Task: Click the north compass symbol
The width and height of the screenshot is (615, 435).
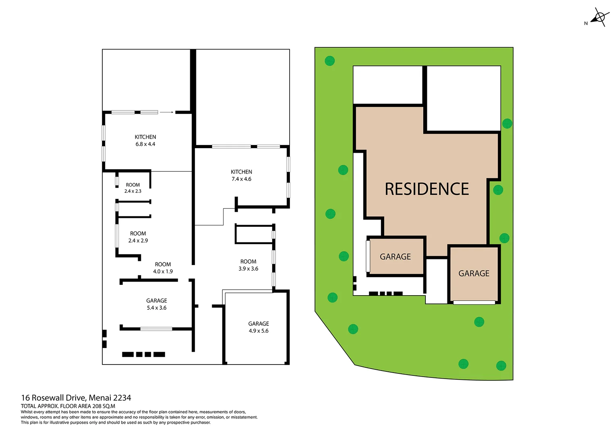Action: pyautogui.click(x=599, y=18)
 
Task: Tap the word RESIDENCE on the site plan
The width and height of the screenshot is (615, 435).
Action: pyautogui.click(x=427, y=189)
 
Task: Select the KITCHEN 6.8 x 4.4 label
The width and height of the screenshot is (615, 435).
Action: pyautogui.click(x=145, y=141)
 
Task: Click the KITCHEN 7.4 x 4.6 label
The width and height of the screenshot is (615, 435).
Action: pyautogui.click(x=241, y=175)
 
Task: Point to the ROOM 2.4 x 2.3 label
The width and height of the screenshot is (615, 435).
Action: pyautogui.click(x=133, y=188)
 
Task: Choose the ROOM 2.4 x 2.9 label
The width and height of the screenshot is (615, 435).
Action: pyautogui.click(x=138, y=237)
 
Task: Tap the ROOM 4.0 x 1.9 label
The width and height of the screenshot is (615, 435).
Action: pyautogui.click(x=163, y=268)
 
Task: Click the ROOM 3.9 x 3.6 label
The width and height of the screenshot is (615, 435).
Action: pyautogui.click(x=248, y=265)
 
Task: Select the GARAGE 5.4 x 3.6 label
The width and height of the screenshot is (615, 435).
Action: pyautogui.click(x=156, y=304)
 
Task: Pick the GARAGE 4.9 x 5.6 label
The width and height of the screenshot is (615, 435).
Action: pyautogui.click(x=258, y=327)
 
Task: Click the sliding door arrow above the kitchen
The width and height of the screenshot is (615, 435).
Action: pyautogui.click(x=166, y=112)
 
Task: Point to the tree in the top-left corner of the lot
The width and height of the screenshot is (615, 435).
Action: pyautogui.click(x=329, y=61)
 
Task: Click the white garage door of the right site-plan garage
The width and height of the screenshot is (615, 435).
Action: pyautogui.click(x=474, y=302)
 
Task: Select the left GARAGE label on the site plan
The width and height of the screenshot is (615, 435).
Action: pyautogui.click(x=395, y=257)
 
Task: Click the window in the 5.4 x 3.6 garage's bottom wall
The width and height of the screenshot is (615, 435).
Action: pyautogui.click(x=156, y=329)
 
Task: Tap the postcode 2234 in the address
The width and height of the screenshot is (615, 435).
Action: pyautogui.click(x=122, y=398)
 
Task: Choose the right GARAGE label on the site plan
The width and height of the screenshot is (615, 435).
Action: pyautogui.click(x=474, y=273)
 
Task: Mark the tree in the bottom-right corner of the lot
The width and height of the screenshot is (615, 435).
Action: pyautogui.click(x=501, y=366)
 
